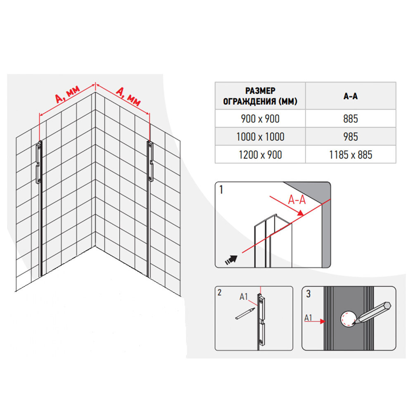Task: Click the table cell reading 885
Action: [351, 119]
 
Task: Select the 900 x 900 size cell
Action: [260, 119]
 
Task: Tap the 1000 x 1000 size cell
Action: [260, 136]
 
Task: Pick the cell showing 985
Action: [351, 136]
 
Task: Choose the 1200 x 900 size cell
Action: [260, 154]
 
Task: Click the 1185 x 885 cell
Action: [351, 154]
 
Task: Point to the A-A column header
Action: [351, 96]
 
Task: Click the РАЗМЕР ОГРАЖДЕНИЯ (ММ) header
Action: [260, 96]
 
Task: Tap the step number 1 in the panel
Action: [221, 190]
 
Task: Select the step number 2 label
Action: [220, 292]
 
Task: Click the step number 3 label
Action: [309, 294]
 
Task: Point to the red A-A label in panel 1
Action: [297, 200]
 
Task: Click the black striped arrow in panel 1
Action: [231, 260]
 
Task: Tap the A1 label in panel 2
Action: [244, 297]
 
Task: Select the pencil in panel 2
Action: [245, 313]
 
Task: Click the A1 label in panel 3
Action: [308, 318]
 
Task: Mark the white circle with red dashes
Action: [348, 319]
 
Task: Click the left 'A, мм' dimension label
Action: [67, 94]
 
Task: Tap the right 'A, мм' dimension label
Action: [128, 96]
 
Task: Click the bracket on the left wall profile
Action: [39, 162]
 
